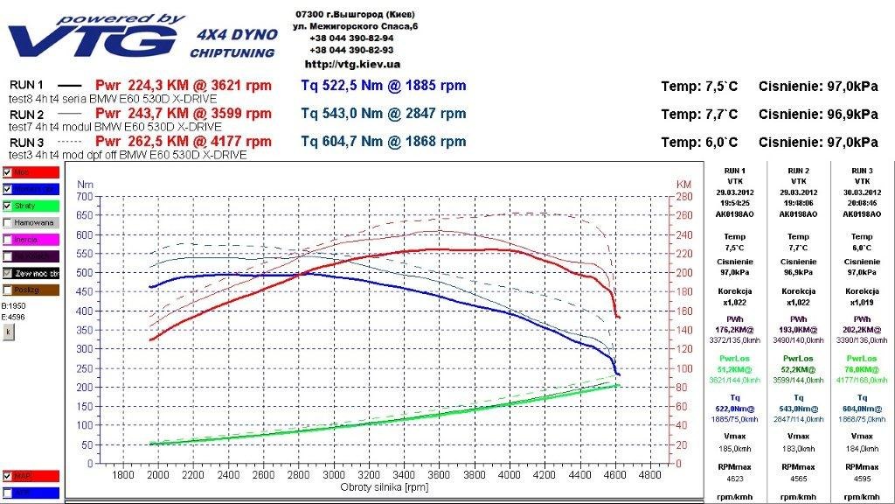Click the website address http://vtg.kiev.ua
[x=352, y=64]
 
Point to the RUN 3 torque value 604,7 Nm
[x=339, y=142]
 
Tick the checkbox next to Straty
[x=8, y=206]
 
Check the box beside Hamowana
[x=8, y=222]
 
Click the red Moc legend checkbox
[x=8, y=172]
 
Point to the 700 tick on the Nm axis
[x=85, y=197]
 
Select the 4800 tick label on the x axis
[x=650, y=475]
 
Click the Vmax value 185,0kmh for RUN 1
[x=736, y=449]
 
